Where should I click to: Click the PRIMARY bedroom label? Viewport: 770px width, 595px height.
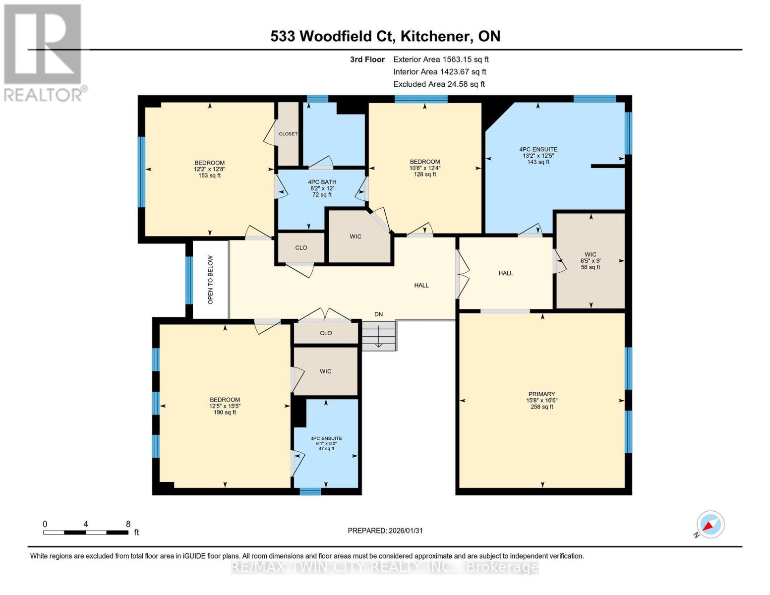(541, 394)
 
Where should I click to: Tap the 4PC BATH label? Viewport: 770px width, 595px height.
(322, 182)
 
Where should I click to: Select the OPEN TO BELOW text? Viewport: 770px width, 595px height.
(211, 280)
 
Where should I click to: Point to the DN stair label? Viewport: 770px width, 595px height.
(378, 314)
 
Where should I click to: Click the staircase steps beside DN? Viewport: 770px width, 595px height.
(378, 336)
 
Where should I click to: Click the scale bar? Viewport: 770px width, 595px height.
(86, 532)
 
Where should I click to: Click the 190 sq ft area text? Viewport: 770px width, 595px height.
(225, 413)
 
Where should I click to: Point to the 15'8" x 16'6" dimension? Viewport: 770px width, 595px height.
(542, 401)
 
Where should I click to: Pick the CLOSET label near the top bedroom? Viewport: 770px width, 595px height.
(288, 134)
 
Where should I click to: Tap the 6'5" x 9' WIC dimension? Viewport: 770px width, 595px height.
(591, 261)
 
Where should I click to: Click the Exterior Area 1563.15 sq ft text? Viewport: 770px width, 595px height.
(441, 59)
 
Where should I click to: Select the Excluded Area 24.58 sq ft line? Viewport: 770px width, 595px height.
(439, 84)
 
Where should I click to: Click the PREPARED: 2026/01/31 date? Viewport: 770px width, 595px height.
(385, 531)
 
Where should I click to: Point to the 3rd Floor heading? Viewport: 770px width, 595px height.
(367, 59)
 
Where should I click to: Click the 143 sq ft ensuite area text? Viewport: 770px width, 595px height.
(538, 162)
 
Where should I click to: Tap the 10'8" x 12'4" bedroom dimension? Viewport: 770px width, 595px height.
(425, 168)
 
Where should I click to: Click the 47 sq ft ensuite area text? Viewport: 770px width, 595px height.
(326, 449)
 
